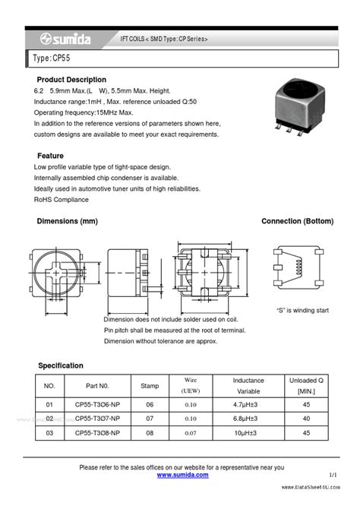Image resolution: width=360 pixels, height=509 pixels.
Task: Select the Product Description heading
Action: (72, 80)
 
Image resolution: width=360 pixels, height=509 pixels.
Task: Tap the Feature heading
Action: (50, 155)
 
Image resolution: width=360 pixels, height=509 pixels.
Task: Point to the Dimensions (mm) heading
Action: (68, 221)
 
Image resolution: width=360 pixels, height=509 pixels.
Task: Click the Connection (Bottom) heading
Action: (297, 221)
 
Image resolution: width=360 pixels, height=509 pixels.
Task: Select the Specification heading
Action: (60, 365)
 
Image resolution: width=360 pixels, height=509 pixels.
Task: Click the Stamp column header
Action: (150, 385)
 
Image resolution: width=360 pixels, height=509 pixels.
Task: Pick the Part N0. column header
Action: (97, 385)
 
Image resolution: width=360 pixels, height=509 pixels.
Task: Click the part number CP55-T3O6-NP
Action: (97, 405)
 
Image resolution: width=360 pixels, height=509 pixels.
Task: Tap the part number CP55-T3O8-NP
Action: (97, 432)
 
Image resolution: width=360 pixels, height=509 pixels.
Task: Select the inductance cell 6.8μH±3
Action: (248, 419)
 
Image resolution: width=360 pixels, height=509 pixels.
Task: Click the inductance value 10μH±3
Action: (248, 432)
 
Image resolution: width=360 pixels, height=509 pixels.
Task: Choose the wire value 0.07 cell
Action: (190, 432)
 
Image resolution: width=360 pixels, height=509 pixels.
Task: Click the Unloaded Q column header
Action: (307, 384)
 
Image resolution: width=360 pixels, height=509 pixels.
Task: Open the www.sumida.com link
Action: (182, 475)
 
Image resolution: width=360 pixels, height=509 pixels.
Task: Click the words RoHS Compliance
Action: (62, 200)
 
